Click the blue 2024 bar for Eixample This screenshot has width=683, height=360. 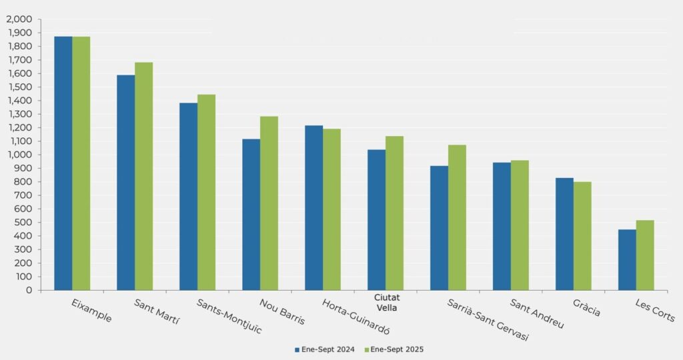tap(63, 163)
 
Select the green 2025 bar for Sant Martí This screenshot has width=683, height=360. tap(144, 176)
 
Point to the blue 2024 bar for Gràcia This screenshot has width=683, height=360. tap(564, 234)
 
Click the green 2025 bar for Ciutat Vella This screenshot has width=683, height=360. tap(394, 213)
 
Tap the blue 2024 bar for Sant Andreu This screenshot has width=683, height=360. tap(502, 227)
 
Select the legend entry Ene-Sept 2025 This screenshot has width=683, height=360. tap(397, 349)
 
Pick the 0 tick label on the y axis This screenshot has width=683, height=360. tap(29, 290)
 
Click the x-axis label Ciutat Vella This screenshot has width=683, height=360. tap(388, 303)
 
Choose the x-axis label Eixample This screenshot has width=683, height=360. tap(92, 311)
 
